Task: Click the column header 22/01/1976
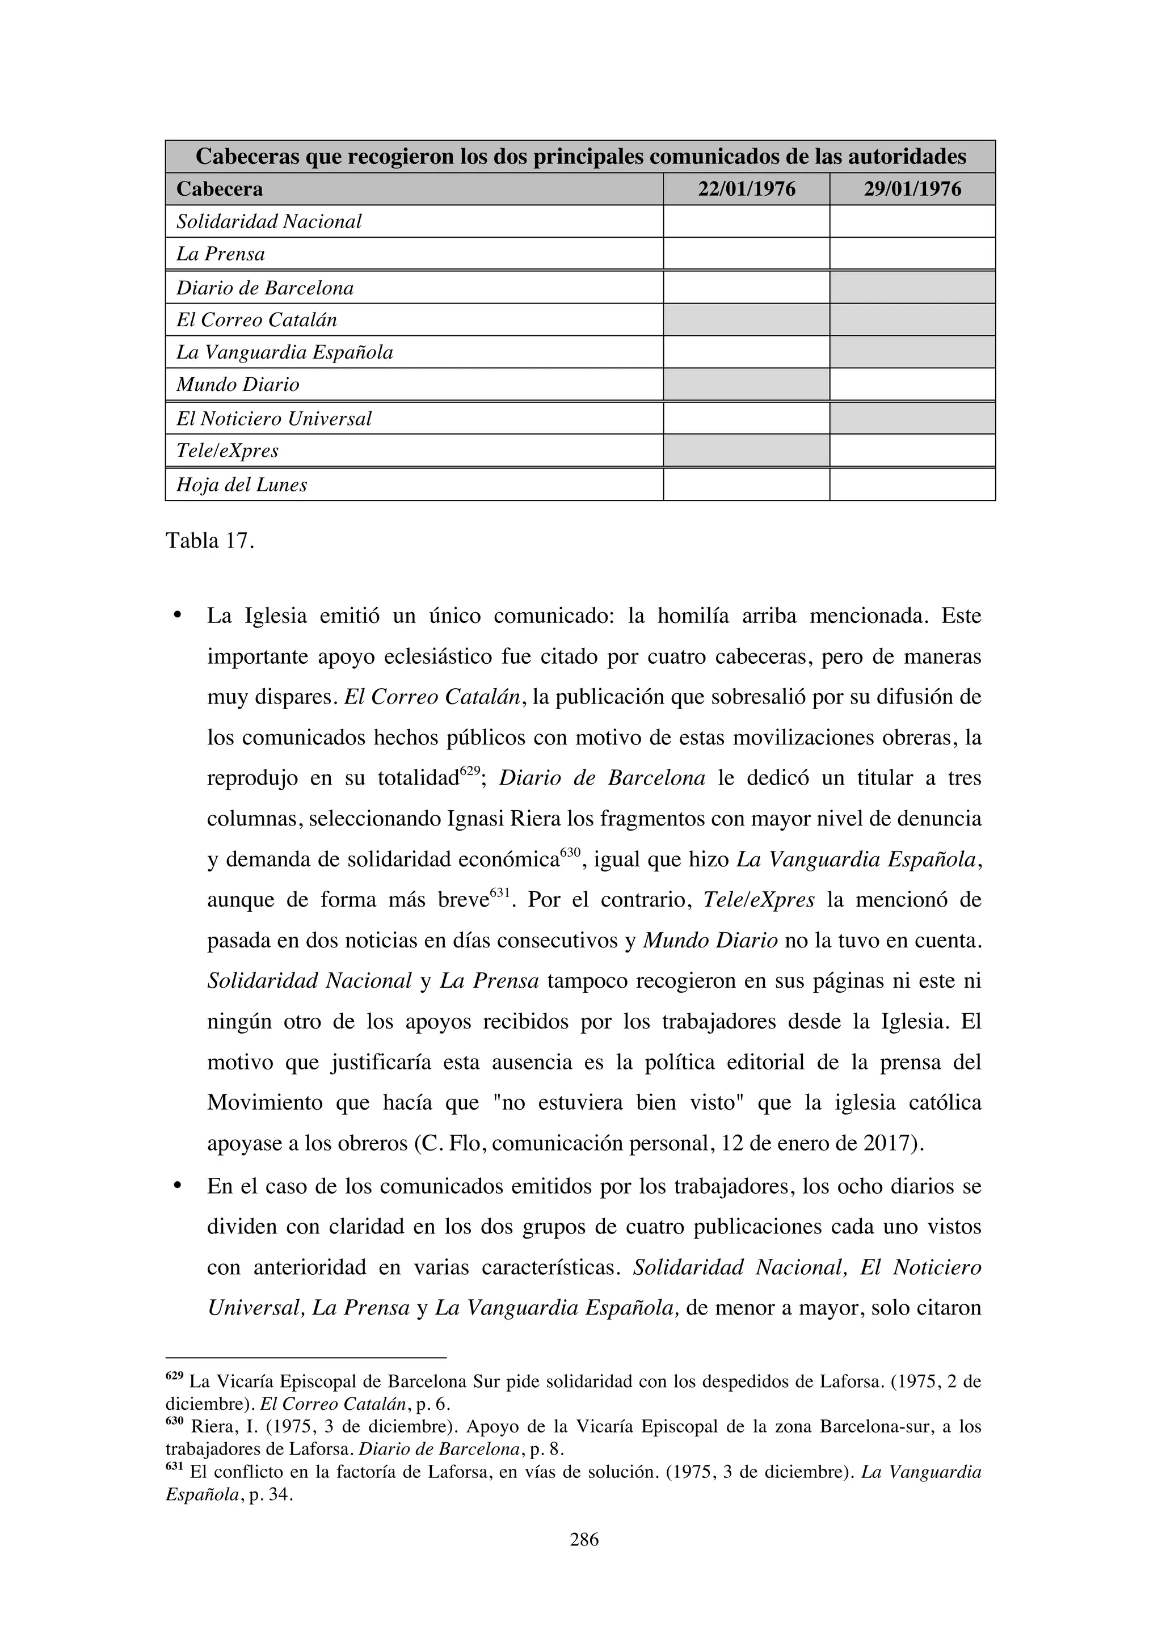click(x=746, y=189)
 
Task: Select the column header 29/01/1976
click(x=912, y=189)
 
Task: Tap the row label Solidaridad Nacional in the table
click(x=269, y=221)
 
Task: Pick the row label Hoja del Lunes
click(x=242, y=485)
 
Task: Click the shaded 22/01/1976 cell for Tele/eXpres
click(x=746, y=450)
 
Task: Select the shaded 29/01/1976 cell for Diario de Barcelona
click(x=912, y=288)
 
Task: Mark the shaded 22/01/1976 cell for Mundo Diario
click(x=746, y=384)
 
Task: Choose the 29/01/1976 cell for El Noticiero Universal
click(x=912, y=418)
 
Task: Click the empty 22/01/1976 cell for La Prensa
click(x=746, y=254)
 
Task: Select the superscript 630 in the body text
click(x=570, y=852)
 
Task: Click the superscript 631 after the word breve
click(x=499, y=892)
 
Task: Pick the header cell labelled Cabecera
click(x=220, y=189)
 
